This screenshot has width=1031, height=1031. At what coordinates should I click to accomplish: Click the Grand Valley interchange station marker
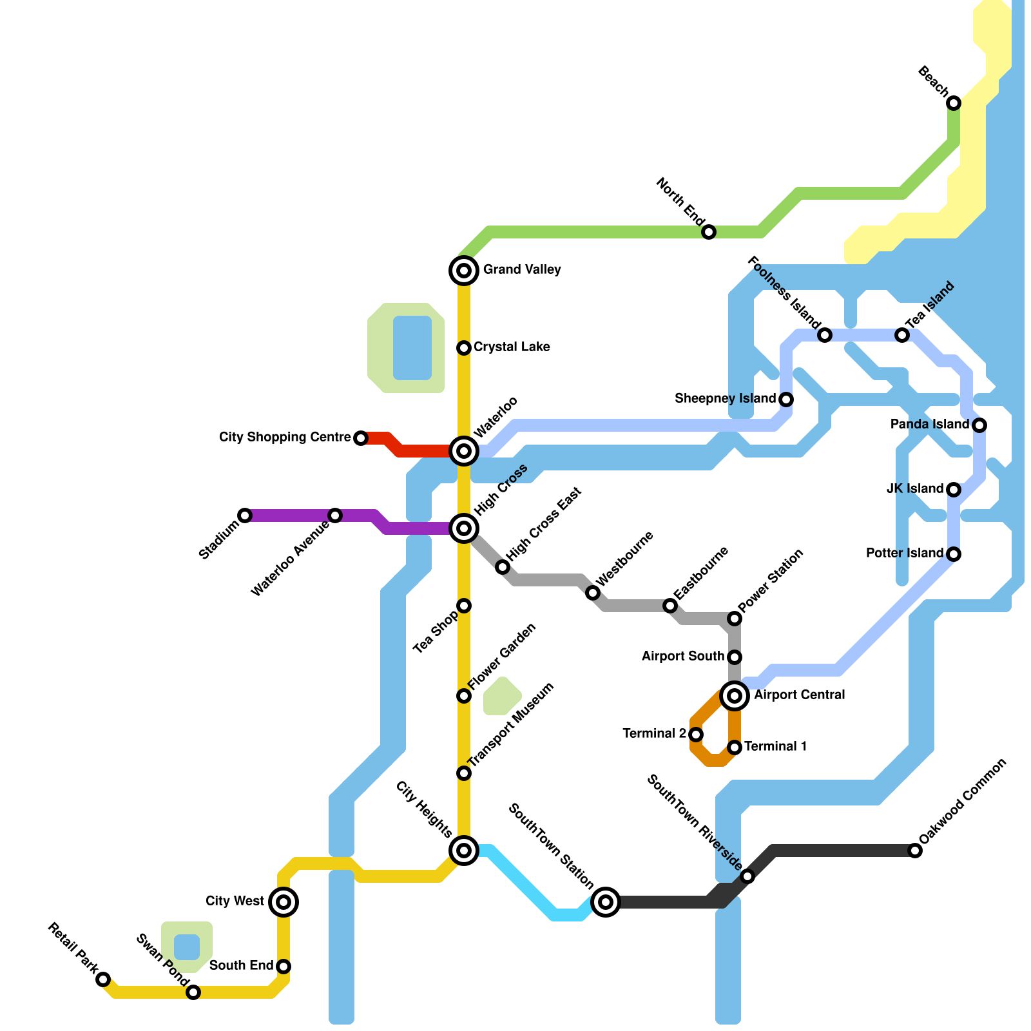[464, 271]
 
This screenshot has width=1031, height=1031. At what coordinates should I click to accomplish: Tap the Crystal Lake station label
[512, 347]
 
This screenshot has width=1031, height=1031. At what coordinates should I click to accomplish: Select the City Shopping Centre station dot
[361, 438]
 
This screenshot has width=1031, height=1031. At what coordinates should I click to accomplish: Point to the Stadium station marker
[245, 515]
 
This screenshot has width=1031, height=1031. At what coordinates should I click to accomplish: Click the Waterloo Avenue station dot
[335, 515]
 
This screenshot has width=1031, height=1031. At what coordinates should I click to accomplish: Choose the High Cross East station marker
[503, 567]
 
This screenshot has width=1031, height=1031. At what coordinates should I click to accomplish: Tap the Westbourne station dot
[593, 593]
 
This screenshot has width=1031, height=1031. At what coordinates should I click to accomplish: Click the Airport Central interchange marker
[735, 696]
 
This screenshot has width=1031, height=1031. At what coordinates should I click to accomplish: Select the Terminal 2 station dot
[696, 735]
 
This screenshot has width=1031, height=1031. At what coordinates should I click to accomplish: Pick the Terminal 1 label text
[776, 747]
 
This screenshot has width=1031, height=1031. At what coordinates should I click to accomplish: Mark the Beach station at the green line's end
[954, 103]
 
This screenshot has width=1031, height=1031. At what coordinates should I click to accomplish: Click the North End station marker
[709, 232]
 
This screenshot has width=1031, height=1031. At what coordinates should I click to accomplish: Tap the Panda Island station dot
[979, 425]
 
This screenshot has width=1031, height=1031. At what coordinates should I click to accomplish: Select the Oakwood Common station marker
[915, 851]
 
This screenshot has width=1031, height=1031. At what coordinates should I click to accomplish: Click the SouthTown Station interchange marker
[606, 902]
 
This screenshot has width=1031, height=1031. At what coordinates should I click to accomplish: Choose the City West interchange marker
[284, 902]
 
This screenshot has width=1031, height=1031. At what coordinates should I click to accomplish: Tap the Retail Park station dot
[103, 979]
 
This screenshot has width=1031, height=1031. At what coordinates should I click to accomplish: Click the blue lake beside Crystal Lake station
[412, 348]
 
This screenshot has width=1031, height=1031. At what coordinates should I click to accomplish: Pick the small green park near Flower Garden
[502, 697]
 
